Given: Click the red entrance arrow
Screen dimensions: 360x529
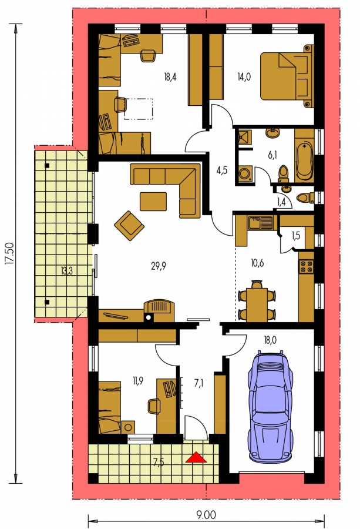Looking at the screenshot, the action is pyautogui.click(x=196, y=457).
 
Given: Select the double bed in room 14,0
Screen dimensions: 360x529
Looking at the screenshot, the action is pyautogui.click(x=287, y=76).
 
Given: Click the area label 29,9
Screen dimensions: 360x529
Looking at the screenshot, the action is pyautogui.click(x=159, y=266).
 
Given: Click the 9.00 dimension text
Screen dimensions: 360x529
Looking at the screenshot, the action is pyautogui.click(x=206, y=515).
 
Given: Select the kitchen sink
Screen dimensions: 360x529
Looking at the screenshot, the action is pyautogui.click(x=260, y=223).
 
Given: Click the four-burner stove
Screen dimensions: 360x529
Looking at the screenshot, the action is pyautogui.click(x=306, y=266).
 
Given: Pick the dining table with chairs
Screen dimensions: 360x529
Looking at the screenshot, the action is pyautogui.click(x=257, y=300).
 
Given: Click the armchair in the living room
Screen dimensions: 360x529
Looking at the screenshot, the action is pyautogui.click(x=129, y=225).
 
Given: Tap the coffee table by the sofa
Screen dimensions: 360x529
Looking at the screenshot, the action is pyautogui.click(x=153, y=202).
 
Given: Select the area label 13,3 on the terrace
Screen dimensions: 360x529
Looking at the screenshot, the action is pyautogui.click(x=67, y=270).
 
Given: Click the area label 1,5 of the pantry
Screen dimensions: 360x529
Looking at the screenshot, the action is pyautogui.click(x=295, y=235).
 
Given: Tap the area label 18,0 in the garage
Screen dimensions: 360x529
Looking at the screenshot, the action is pyautogui.click(x=270, y=340).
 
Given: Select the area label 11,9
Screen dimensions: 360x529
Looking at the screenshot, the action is pyautogui.click(x=137, y=381).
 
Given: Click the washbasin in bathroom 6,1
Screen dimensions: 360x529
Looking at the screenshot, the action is pyautogui.click(x=272, y=133).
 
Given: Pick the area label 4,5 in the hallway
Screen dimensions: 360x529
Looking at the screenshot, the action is pyautogui.click(x=221, y=170).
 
